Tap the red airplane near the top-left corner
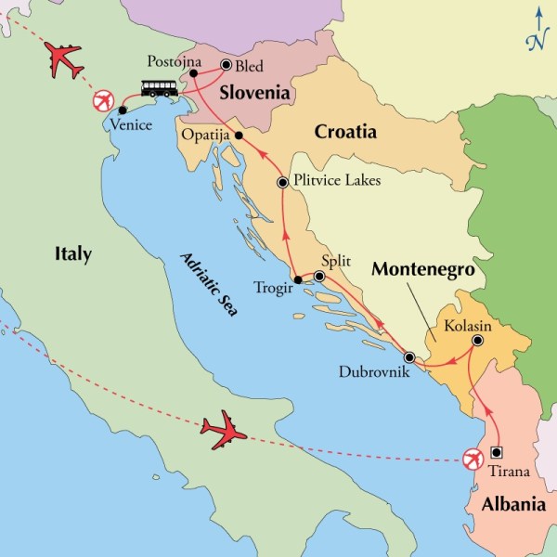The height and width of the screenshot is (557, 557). coord(63,60)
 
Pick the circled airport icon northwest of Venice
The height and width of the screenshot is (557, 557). coord(103,100)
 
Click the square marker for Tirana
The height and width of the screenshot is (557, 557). coord(497,453)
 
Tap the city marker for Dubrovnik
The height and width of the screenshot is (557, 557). coord(408,356)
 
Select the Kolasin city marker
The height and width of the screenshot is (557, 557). coord(476,341)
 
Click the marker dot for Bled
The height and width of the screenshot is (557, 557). coord(226,65)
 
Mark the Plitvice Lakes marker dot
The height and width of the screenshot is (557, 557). coord(282,183)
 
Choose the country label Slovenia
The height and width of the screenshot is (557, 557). coord(253,94)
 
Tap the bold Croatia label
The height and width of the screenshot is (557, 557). coord(345,132)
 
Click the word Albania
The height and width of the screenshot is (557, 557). coord(512,506)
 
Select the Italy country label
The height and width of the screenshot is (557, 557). coord(72,253)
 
